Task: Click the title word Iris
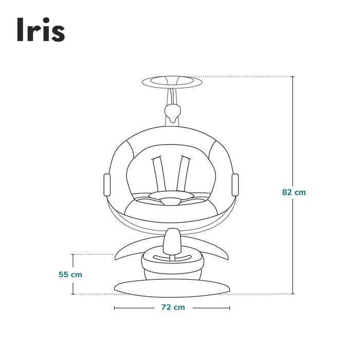pyautogui.click(x=41, y=30)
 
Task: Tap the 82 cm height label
pyautogui.click(x=294, y=192)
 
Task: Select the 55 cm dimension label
pyautogui.click(x=70, y=274)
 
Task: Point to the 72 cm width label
pyautogui.click(x=172, y=308)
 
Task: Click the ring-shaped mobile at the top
pyautogui.click(x=172, y=81)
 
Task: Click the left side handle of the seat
pyautogui.click(x=107, y=184)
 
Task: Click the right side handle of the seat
pyautogui.click(x=236, y=184)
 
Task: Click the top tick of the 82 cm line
pyautogui.click(x=293, y=77)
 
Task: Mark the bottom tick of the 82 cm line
pyautogui.click(x=293, y=294)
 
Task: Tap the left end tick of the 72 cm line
pyautogui.click(x=114, y=308)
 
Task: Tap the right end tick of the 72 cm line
pyautogui.click(x=230, y=308)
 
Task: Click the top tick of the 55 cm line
pyautogui.click(x=73, y=254)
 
